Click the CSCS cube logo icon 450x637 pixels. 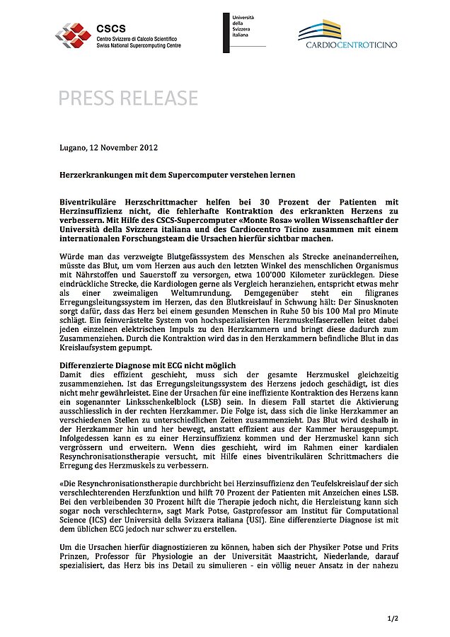(74, 34)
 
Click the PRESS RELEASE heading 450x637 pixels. (128, 98)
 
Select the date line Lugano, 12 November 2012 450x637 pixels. (108, 148)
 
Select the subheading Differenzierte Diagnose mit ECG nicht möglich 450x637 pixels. (145, 365)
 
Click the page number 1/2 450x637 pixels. (393, 618)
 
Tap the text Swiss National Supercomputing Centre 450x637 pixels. (139, 45)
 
